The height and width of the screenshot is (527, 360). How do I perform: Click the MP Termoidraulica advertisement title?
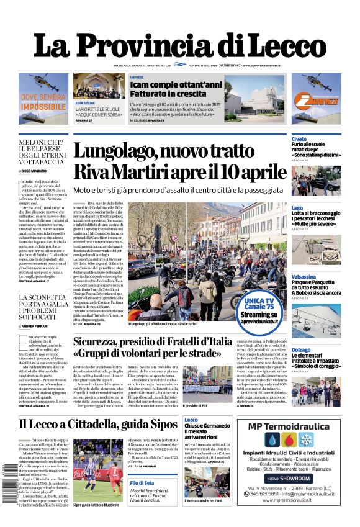pyautogui.click(x=297, y=426)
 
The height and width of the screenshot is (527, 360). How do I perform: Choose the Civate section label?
pyautogui.click(x=299, y=139)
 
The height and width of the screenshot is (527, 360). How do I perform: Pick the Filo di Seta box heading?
pyautogui.click(x=142, y=483)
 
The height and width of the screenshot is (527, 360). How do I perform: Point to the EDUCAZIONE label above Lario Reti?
pyautogui.click(x=85, y=102)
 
